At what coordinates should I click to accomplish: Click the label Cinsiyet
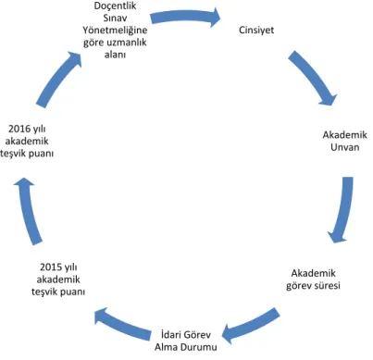point(256,30)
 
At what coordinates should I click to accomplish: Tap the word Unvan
point(345,147)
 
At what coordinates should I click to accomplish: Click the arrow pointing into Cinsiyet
point(186,17)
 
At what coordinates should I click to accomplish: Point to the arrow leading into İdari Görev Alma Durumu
point(250,325)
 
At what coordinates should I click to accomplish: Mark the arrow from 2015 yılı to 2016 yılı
point(29,212)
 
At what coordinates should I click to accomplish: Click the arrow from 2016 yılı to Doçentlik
point(58,79)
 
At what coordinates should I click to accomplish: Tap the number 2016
point(19,129)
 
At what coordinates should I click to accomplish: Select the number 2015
point(51,267)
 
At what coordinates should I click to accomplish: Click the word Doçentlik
point(115,6)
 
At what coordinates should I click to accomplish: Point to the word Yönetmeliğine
point(115,31)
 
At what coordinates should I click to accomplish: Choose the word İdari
point(171,334)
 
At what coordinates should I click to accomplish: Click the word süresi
point(327,285)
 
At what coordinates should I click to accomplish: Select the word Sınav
point(115,18)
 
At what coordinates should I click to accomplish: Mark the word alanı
point(115,55)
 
